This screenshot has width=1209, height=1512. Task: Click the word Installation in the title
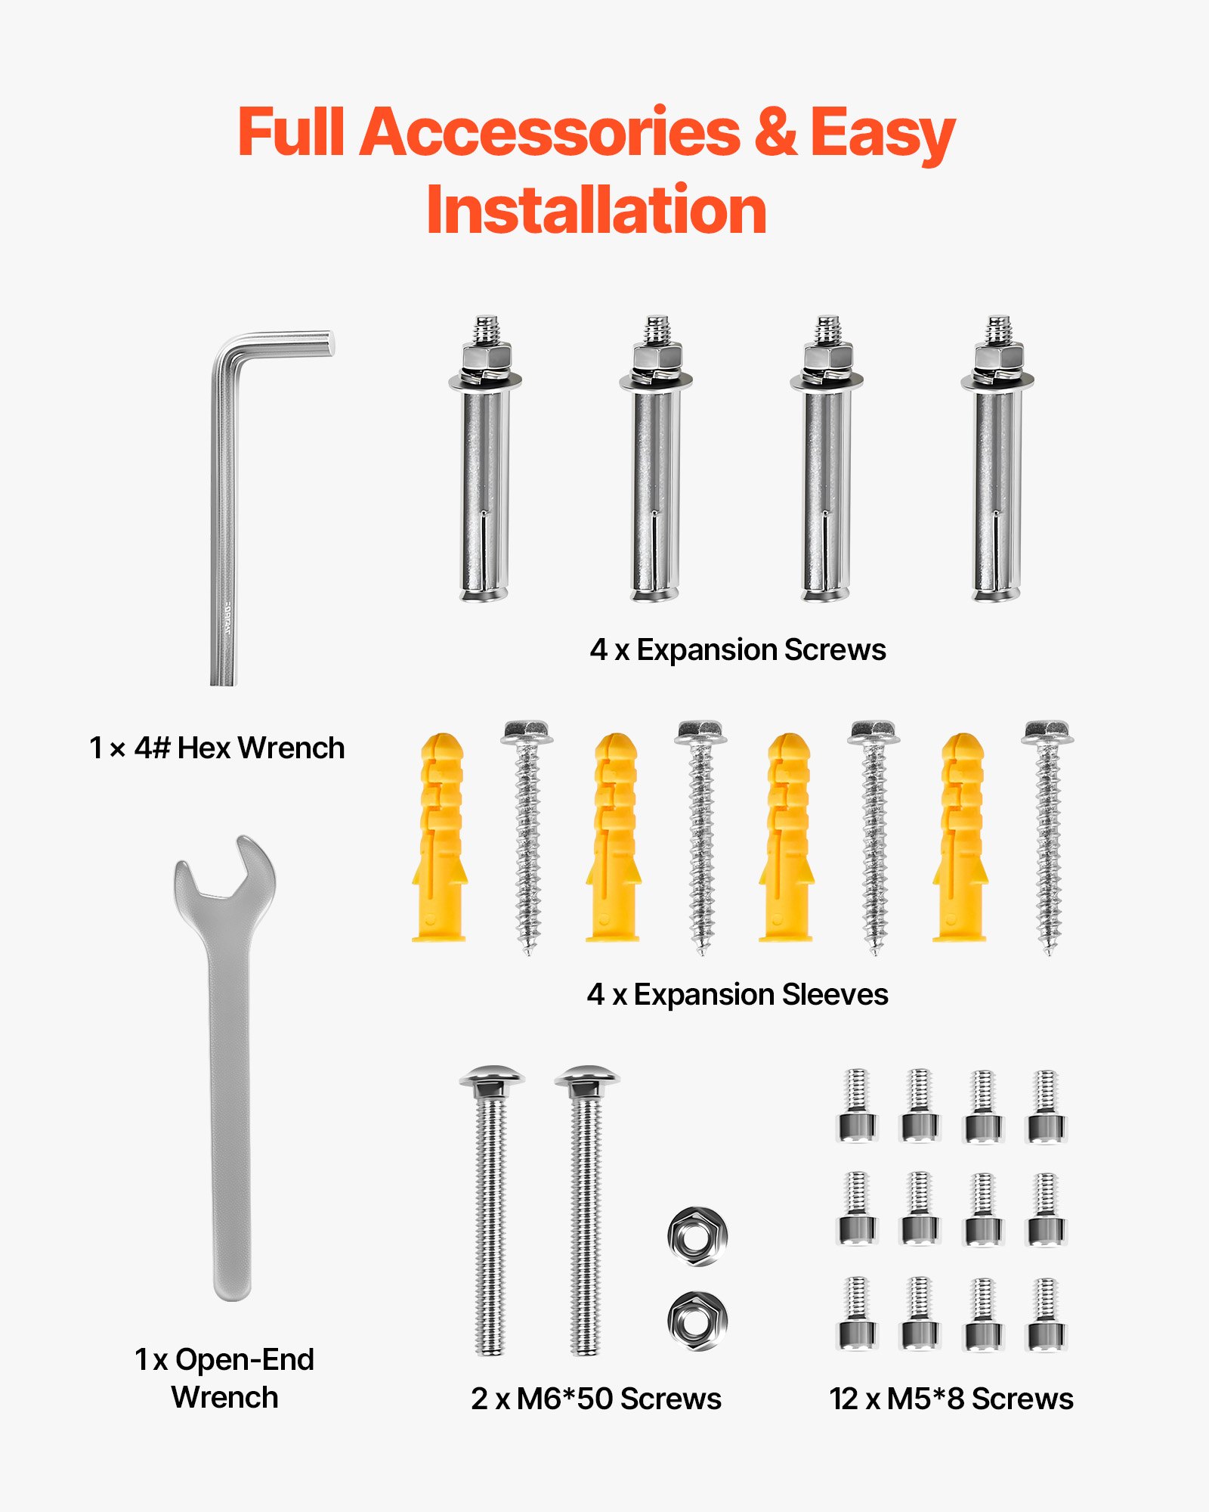[x=596, y=210]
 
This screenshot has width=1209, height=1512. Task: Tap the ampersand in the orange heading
[x=775, y=132]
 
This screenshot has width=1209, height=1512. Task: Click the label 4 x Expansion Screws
[x=737, y=650]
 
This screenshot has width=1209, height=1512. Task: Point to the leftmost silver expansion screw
[x=485, y=469]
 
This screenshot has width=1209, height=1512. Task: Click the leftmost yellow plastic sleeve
[x=439, y=839]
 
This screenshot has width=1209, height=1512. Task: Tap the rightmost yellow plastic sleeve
[x=960, y=839]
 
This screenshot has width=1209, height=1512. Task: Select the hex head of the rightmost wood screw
[x=1047, y=732]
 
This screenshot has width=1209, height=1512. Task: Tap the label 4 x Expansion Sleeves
[x=737, y=995]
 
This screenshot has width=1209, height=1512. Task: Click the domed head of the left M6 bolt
[x=491, y=1077]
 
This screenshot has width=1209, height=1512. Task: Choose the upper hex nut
[x=697, y=1235]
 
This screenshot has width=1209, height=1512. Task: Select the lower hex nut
[x=697, y=1320]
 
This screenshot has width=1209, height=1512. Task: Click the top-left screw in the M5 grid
[x=857, y=1105]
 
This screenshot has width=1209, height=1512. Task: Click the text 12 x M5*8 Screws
[x=951, y=1399]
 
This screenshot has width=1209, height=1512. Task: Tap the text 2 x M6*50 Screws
[x=595, y=1399]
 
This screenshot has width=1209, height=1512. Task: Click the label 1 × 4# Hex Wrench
[x=217, y=748]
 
